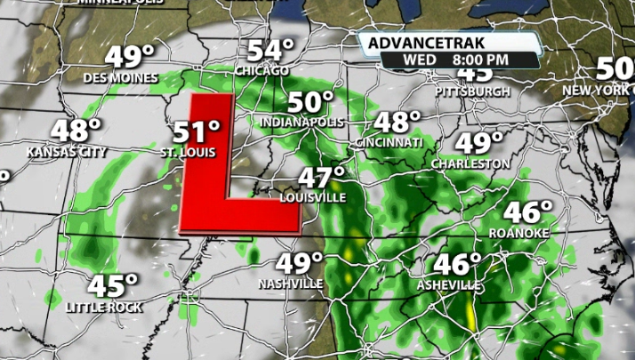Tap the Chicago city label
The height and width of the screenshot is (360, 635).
[261, 70]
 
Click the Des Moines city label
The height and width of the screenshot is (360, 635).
[120, 77]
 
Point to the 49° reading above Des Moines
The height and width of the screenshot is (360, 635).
[130, 57]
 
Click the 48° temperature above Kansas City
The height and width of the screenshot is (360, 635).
[75, 130]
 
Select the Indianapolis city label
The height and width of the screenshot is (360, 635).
[301, 121]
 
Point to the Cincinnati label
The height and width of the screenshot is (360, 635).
[389, 142]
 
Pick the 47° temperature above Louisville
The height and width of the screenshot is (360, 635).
[321, 177]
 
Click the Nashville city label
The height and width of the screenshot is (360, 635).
[291, 284]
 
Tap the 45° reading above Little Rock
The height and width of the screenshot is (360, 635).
[113, 286]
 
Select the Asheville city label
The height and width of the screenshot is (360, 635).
[449, 285]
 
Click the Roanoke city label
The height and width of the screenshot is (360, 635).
[519, 233]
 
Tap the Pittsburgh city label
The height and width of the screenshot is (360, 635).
[473, 92]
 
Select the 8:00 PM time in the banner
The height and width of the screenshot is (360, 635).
[480, 60]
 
